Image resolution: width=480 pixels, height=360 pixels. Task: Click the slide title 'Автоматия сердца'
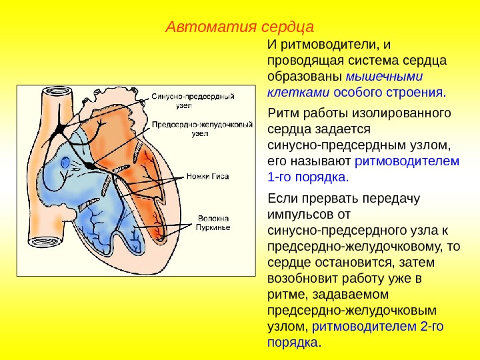[239, 27]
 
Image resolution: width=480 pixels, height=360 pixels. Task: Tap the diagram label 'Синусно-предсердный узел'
[191, 100]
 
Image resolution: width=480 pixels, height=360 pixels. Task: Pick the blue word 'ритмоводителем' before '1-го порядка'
[407, 161]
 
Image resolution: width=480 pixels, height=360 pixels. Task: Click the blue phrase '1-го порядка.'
[307, 177]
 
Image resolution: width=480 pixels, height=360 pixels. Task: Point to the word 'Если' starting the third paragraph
[281, 198]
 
